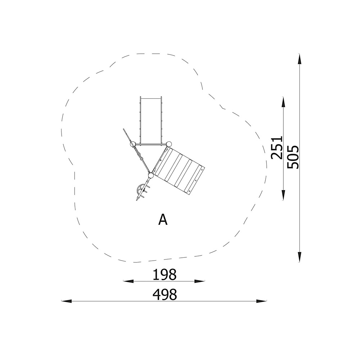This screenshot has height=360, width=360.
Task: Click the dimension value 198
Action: (x=165, y=274)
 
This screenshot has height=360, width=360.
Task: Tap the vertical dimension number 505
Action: (x=293, y=157)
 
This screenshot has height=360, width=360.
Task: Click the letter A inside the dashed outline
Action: (x=163, y=220)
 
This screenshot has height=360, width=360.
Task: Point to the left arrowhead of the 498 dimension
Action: (x=67, y=301)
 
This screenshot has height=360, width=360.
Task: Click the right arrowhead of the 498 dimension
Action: (x=261, y=301)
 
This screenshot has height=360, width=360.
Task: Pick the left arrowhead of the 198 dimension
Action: (x=129, y=281)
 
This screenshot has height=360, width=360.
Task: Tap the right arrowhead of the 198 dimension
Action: (x=199, y=281)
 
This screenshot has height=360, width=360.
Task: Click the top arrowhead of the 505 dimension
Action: (x=299, y=59)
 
